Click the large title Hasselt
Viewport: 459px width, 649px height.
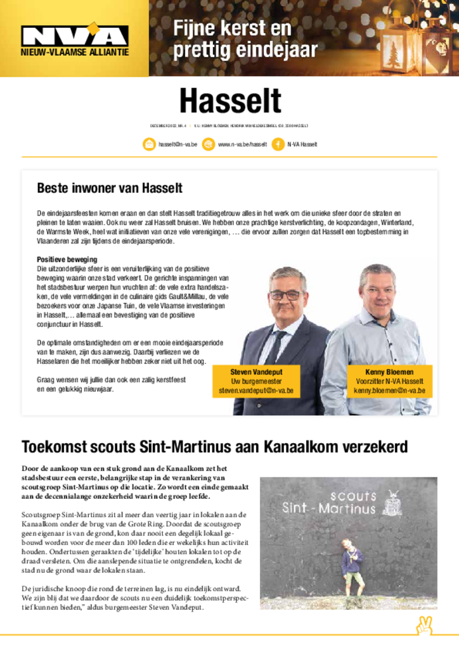coord(229,101)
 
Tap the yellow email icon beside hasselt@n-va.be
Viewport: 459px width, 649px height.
coord(148,145)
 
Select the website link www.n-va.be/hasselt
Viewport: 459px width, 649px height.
coord(242,145)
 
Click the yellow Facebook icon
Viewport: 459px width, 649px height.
coord(278,145)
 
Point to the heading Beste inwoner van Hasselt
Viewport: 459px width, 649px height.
coord(110,188)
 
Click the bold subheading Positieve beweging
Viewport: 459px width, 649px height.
coord(67,260)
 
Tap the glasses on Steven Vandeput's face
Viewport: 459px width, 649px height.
coord(286,295)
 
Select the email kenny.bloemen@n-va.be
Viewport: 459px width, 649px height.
coord(389,391)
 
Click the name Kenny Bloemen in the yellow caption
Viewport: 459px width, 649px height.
coord(389,372)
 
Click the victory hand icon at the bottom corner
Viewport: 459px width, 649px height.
coord(424,626)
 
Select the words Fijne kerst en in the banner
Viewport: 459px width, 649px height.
coord(232,29)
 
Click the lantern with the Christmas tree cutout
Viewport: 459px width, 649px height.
coord(397,51)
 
